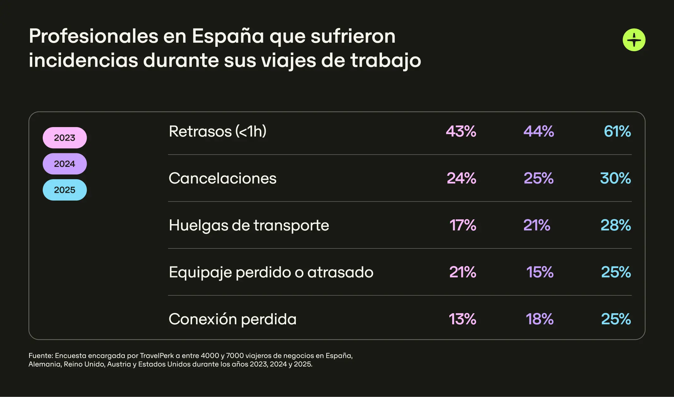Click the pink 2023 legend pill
(65, 138)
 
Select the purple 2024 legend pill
(65, 164)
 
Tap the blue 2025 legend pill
(65, 190)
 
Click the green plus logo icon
(634, 40)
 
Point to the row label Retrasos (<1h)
(217, 131)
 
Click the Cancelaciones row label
(222, 178)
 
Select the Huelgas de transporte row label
(249, 225)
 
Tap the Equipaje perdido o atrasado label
(271, 272)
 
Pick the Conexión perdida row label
(233, 319)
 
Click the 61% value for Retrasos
(617, 131)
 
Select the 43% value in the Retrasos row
(461, 131)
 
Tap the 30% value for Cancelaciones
(615, 178)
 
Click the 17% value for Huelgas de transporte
(463, 225)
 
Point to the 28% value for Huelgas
(615, 225)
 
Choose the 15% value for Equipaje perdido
(540, 272)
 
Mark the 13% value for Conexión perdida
(462, 319)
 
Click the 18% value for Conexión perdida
(540, 319)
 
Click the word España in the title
(228, 36)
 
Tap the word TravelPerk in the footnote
(157, 356)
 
